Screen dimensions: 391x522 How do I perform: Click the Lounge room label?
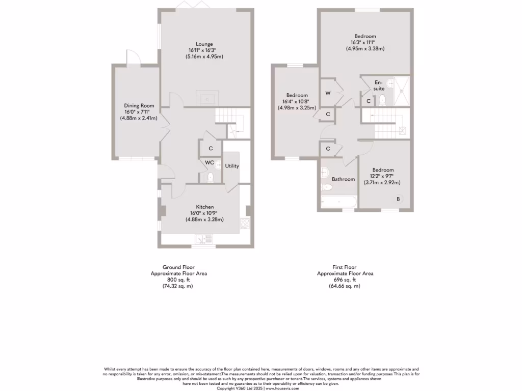(204, 44)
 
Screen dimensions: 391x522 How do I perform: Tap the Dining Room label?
(139, 106)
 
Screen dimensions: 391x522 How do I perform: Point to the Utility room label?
(232, 166)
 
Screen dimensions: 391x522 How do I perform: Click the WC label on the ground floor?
(209, 163)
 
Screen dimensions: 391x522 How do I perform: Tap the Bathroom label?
(343, 179)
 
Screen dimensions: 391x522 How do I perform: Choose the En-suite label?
(379, 86)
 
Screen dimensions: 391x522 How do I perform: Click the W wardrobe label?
(328, 93)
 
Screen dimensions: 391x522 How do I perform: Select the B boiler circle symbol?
(399, 198)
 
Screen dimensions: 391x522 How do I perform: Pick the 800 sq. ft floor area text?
(178, 280)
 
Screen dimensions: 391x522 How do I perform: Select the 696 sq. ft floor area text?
(345, 280)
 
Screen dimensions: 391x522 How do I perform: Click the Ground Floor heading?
(178, 267)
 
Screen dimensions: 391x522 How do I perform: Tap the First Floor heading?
(345, 267)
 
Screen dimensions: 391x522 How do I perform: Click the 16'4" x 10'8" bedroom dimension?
(297, 101)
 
